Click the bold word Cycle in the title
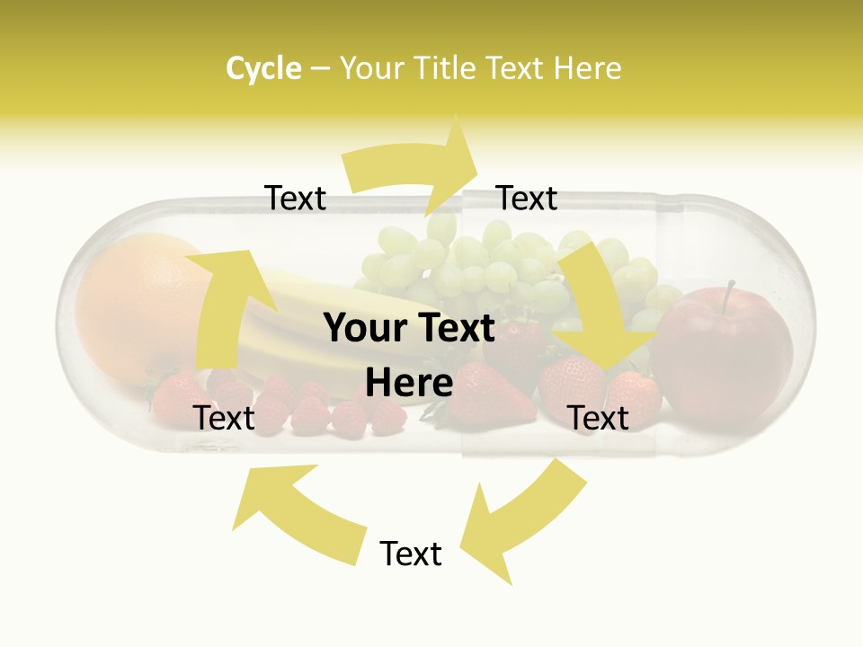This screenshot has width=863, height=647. pyautogui.click(x=263, y=68)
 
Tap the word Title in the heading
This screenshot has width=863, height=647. pyautogui.click(x=448, y=68)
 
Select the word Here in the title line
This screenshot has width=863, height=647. pyautogui.click(x=587, y=68)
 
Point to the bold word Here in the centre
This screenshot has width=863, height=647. pyautogui.click(x=409, y=383)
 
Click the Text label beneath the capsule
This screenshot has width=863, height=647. pyautogui.click(x=411, y=554)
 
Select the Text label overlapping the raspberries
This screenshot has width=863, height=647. pyautogui.click(x=225, y=418)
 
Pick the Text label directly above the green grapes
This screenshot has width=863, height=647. pyautogui.click(x=527, y=198)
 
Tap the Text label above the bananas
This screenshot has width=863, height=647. pyautogui.click(x=296, y=198)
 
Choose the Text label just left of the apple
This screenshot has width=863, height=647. pyautogui.click(x=599, y=418)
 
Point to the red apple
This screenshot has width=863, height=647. pyautogui.click(x=724, y=359)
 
